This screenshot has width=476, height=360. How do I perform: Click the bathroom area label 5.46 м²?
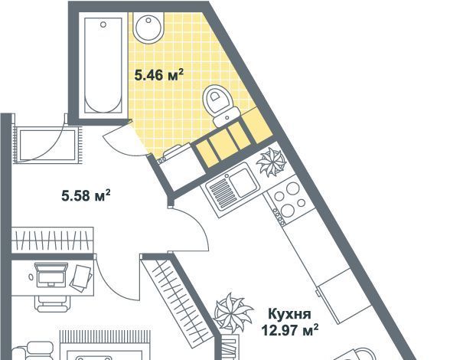pyautogui.click(x=159, y=75)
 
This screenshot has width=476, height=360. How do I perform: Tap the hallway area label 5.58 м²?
pyautogui.click(x=86, y=195)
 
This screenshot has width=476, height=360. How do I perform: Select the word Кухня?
pyautogui.click(x=290, y=314)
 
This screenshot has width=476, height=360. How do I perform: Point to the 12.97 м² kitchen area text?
pyautogui.click(x=290, y=330)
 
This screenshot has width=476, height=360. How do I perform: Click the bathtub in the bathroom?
pyautogui.click(x=103, y=65)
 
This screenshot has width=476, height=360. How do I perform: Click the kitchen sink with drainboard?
pyautogui.click(x=233, y=189)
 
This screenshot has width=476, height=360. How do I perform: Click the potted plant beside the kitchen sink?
pyautogui.click(x=271, y=162)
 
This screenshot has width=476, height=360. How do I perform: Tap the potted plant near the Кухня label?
pyautogui.click(x=233, y=313)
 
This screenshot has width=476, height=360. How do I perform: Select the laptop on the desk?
pyautogui.click(x=51, y=275)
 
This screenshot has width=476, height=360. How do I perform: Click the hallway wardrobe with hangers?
pyautogui.click(x=53, y=240)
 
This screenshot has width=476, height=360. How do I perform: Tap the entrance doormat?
pyautogui.click(x=47, y=145)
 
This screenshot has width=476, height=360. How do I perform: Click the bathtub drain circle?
pyautogui.click(x=103, y=25)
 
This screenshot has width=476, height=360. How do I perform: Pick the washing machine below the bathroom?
pyautogui.click(x=177, y=169)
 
